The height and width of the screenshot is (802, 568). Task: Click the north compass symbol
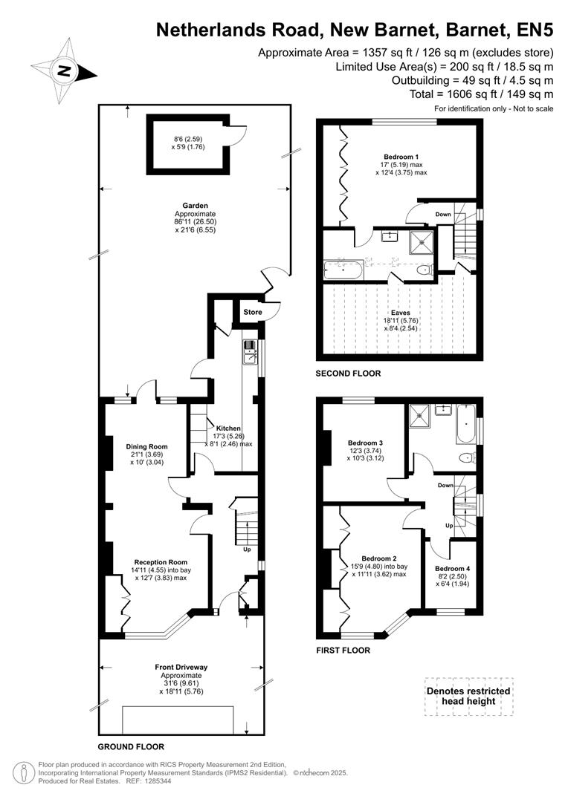pyautogui.click(x=64, y=71)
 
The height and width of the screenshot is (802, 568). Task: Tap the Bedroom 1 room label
pyautogui.click(x=401, y=156)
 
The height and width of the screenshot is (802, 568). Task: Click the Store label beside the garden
pyautogui.click(x=253, y=312)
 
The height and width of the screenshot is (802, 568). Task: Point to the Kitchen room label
pyautogui.click(x=228, y=428)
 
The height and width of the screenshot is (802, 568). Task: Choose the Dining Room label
pyautogui.click(x=143, y=446)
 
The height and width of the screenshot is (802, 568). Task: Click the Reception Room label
pyautogui.click(x=161, y=562)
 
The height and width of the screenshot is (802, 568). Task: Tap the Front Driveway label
pyautogui.click(x=181, y=668)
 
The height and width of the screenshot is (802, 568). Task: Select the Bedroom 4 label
pyautogui.click(x=453, y=570)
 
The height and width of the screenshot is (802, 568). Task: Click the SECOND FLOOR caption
pyautogui.click(x=348, y=374)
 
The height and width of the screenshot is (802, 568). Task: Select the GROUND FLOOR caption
pyautogui.click(x=131, y=747)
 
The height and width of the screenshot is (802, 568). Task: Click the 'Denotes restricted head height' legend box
pyautogui.click(x=468, y=696)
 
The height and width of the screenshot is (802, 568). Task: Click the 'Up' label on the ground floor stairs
pyautogui.click(x=247, y=550)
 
